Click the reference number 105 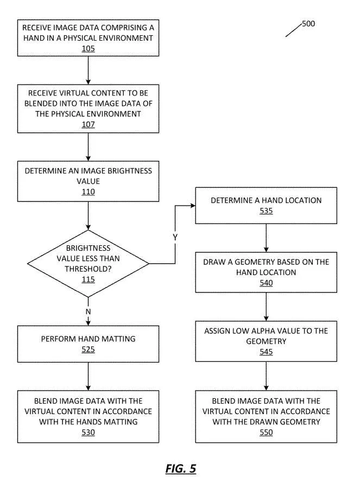(x=89, y=49)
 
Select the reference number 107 (x=89, y=124)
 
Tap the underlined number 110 (x=89, y=192)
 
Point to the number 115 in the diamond (x=89, y=279)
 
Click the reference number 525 (x=89, y=349)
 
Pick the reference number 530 (x=89, y=433)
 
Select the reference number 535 (x=266, y=211)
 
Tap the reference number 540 (x=266, y=283)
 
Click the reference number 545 (x=266, y=352)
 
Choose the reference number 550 (x=266, y=433)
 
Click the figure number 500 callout (x=308, y=24)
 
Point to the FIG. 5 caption (x=181, y=468)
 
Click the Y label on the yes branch (x=175, y=237)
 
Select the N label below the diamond (x=89, y=312)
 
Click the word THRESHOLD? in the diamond (x=89, y=269)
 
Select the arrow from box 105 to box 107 (x=89, y=70)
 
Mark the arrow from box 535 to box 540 (x=266, y=238)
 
